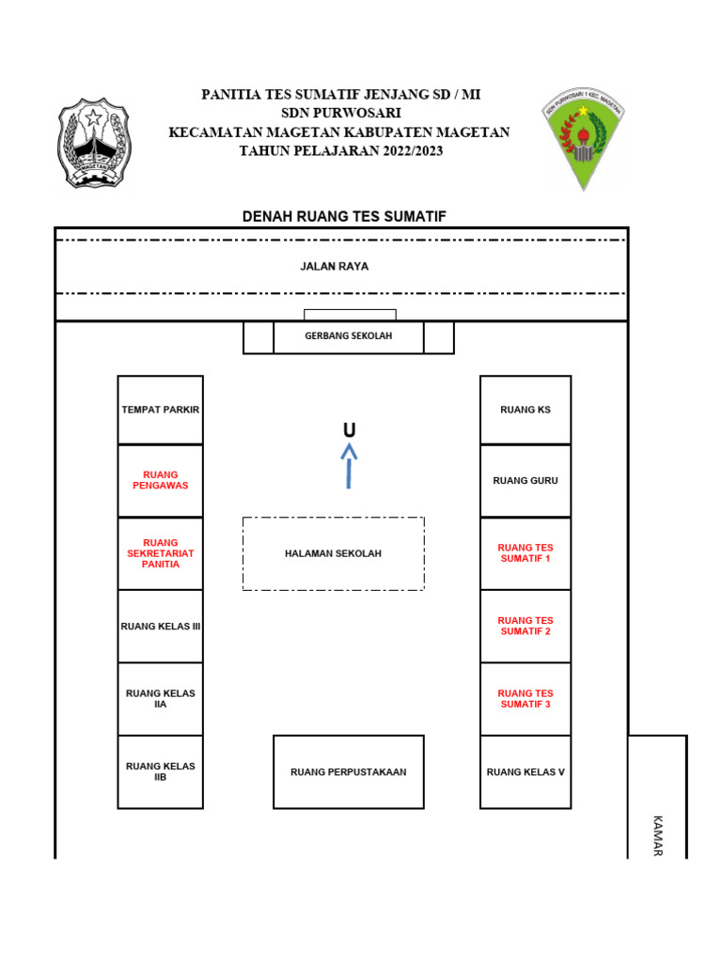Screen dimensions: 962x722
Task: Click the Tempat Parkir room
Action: click(160, 410)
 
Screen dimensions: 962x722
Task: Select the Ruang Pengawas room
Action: click(160, 480)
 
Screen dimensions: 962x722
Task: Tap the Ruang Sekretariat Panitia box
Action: click(160, 553)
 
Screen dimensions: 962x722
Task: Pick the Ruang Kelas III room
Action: click(160, 626)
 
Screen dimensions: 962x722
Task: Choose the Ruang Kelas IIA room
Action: click(160, 699)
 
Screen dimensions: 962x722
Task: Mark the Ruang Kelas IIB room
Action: click(160, 771)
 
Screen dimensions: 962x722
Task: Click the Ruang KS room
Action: click(526, 410)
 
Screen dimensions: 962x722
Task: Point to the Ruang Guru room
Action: click(526, 480)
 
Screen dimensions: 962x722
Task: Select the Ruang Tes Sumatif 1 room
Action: click(526, 553)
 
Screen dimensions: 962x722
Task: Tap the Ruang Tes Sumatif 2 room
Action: click(526, 626)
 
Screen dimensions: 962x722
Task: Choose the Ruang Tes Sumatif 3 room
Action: click(526, 699)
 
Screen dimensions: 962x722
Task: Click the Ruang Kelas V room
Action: click(526, 771)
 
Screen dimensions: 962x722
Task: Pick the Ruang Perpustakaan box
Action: click(348, 771)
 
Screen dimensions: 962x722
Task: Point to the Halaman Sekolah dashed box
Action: click(333, 553)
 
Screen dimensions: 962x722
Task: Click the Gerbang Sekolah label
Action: click(348, 336)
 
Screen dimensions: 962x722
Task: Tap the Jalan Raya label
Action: click(335, 267)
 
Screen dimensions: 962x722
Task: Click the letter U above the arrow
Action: click(349, 430)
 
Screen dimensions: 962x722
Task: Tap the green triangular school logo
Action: click(583, 137)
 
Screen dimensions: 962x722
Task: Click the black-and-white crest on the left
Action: click(94, 143)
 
